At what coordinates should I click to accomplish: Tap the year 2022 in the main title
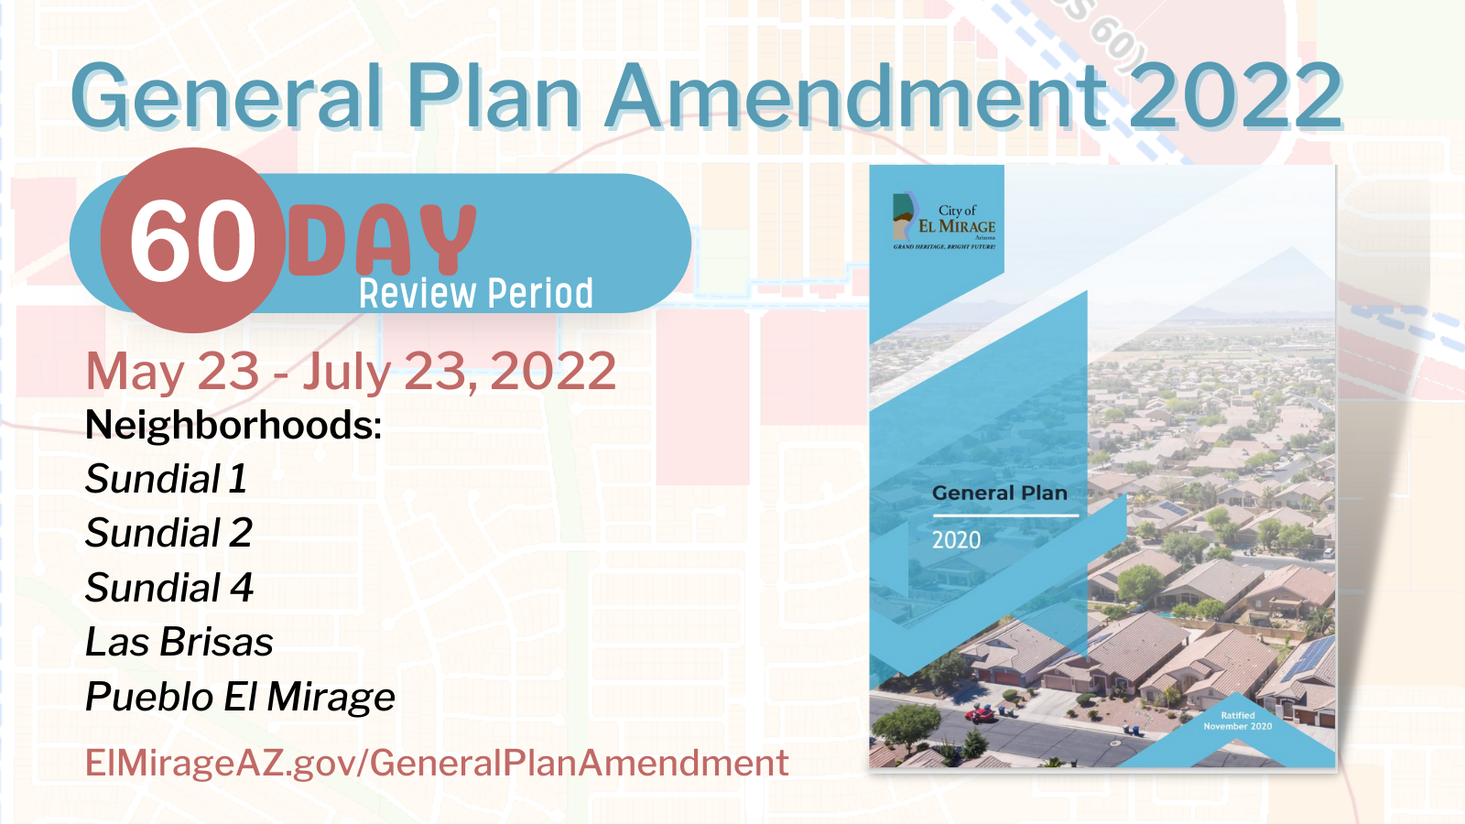(x=1235, y=97)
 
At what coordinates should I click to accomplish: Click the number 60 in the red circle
(x=193, y=242)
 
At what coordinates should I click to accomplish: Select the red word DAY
(x=383, y=240)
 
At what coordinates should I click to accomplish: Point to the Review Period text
(x=476, y=294)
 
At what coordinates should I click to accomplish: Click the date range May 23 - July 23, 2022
(x=351, y=372)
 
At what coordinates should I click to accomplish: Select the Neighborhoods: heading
(x=233, y=426)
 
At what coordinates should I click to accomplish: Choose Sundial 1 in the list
(x=166, y=479)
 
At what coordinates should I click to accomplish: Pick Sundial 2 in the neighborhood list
(x=168, y=533)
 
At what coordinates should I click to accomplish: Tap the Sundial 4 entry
(x=168, y=588)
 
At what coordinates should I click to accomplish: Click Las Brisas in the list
(x=179, y=642)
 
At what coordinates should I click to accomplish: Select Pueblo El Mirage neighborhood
(x=240, y=697)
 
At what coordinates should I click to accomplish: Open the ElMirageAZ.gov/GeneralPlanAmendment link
(x=437, y=763)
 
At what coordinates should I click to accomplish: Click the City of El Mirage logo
(x=944, y=221)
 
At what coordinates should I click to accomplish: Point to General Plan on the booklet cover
(x=1000, y=493)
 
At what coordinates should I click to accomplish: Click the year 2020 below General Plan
(x=956, y=540)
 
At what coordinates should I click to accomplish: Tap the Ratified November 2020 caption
(x=1238, y=721)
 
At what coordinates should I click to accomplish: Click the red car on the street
(x=981, y=714)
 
